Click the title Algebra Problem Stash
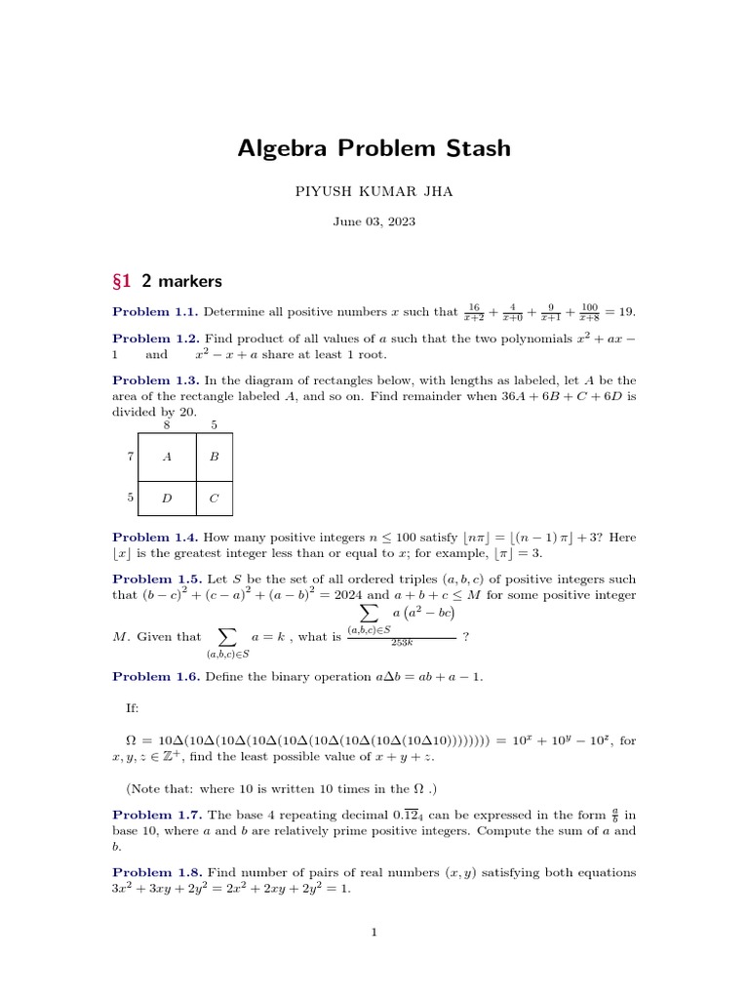click(x=374, y=148)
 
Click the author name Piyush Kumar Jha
click(x=374, y=192)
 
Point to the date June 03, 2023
click(x=374, y=222)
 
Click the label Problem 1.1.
click(x=155, y=312)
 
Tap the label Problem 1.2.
click(x=155, y=338)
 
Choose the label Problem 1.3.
click(x=155, y=380)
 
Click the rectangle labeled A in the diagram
click(x=167, y=456)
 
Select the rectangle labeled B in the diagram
click(x=214, y=456)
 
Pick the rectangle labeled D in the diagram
click(x=167, y=498)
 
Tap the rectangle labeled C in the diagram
click(x=214, y=498)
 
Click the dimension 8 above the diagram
click(x=167, y=424)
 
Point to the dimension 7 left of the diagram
click(x=130, y=456)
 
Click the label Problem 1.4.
click(x=155, y=537)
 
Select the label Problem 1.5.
click(x=155, y=579)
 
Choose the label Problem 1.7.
click(x=155, y=815)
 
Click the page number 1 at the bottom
click(x=374, y=933)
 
